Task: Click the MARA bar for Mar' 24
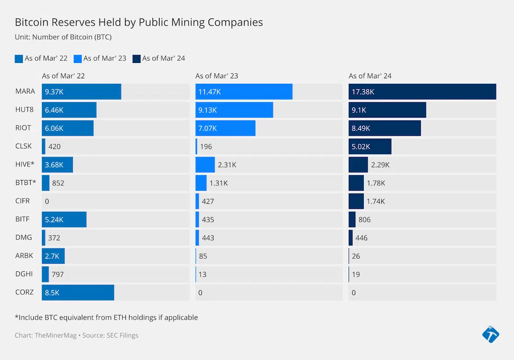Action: click(x=422, y=91)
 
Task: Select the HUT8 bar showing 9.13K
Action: click(x=234, y=110)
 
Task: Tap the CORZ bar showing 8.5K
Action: click(x=78, y=292)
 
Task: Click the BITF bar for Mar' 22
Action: click(x=64, y=220)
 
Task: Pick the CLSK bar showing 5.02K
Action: click(x=370, y=146)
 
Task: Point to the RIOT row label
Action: click(x=23, y=128)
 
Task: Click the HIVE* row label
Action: click(x=25, y=164)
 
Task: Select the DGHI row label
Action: click(x=23, y=274)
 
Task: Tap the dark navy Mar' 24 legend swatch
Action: click(x=137, y=58)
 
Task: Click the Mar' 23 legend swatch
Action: click(x=78, y=58)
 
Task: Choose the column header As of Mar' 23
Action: click(x=217, y=76)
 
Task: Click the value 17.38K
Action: click(x=363, y=92)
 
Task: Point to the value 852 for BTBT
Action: click(x=58, y=183)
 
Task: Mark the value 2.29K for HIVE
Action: click(x=380, y=165)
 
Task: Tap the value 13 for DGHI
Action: click(x=202, y=274)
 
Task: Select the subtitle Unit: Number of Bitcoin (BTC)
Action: click(x=63, y=37)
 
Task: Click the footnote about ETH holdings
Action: click(x=106, y=317)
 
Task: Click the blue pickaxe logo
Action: click(x=490, y=334)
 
